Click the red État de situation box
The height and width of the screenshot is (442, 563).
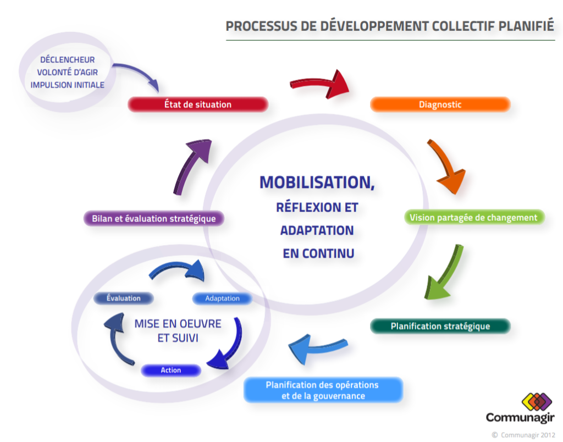tap(198, 104)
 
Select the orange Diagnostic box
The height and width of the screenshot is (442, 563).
tap(440, 104)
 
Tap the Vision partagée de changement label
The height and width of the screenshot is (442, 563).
tap(473, 217)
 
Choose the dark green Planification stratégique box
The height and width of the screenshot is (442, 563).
tap(440, 326)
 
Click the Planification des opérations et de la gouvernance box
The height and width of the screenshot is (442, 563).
tap(323, 390)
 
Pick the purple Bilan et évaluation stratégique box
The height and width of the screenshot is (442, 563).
tap(154, 218)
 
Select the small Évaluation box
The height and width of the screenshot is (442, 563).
tap(123, 298)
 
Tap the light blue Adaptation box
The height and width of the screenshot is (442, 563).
tap(222, 299)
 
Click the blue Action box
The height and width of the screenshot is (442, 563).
tap(170, 371)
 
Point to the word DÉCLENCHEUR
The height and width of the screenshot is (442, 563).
tap(67, 60)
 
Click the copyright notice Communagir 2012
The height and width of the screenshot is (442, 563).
tap(523, 434)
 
